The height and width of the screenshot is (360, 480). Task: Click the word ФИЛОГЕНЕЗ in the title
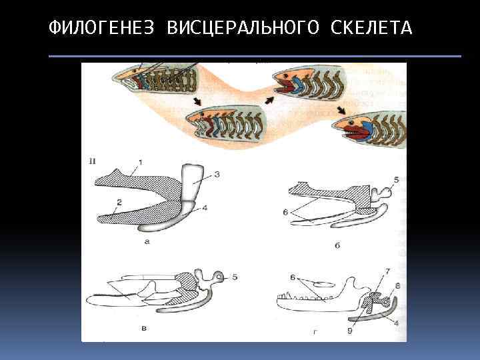click(101, 27)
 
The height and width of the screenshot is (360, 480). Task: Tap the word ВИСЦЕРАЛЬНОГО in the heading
click(243, 27)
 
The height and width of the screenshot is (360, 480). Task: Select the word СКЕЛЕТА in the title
click(371, 27)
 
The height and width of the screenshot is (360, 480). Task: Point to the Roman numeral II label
click(92, 161)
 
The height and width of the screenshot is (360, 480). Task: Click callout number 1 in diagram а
click(141, 163)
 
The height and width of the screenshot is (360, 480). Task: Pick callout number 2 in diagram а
click(119, 202)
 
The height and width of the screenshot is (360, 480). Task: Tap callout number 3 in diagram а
click(217, 175)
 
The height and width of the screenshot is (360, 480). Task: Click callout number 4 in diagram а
click(205, 208)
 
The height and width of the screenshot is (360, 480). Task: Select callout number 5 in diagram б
click(397, 180)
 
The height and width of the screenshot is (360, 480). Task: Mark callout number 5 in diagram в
click(235, 277)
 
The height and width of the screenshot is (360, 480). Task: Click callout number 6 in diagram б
click(285, 211)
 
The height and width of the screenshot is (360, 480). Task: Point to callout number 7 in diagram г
click(387, 271)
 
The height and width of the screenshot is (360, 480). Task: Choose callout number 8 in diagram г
click(397, 286)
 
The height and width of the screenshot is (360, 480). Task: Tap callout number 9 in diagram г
click(350, 331)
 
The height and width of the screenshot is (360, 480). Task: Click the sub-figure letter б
click(337, 245)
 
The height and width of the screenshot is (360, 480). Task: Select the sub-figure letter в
click(144, 329)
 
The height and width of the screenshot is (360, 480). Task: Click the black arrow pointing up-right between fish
click(269, 99)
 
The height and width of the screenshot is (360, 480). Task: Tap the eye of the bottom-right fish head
click(352, 123)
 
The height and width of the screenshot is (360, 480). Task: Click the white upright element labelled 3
click(191, 183)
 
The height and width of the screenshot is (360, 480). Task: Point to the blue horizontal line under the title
click(255, 56)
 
